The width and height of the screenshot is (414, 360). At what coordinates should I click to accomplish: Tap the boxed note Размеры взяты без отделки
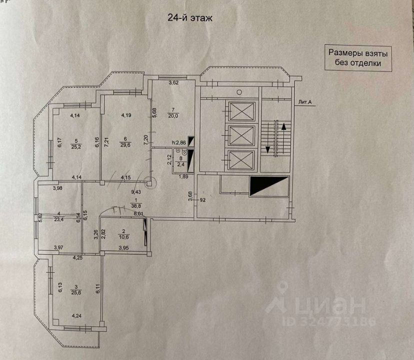(358, 57)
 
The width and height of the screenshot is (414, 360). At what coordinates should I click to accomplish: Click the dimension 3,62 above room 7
(173, 82)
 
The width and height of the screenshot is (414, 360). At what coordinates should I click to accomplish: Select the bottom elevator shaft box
(240, 161)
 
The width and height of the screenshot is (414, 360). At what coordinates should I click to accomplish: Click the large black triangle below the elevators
(269, 186)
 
